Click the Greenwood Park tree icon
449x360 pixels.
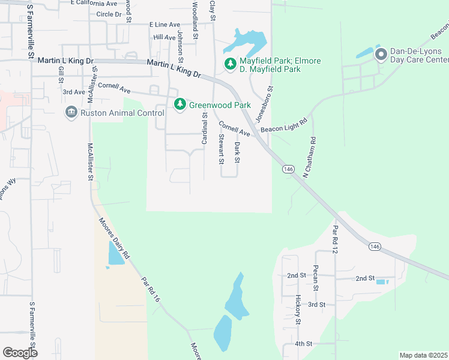point(179,104)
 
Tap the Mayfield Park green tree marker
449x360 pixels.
point(230,63)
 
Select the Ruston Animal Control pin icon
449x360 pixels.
point(71,112)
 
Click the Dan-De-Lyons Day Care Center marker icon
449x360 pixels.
point(380,55)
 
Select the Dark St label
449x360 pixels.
point(237,152)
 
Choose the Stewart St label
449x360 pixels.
point(221,149)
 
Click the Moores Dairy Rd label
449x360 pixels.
point(114,237)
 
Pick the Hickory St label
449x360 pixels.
point(298,310)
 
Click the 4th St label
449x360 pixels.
point(304,344)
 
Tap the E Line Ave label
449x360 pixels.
point(164,25)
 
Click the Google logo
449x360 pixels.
point(20,352)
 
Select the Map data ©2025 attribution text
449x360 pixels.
point(423,355)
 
